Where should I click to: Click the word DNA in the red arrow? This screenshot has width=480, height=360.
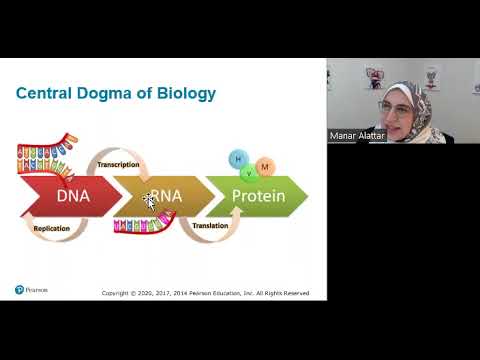click(73, 196)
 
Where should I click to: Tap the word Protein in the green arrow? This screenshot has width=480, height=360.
click(258, 196)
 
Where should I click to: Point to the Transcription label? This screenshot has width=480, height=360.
click(118, 164)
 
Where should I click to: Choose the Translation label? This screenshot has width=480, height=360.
click(211, 226)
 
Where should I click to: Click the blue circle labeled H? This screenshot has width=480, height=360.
click(238, 158)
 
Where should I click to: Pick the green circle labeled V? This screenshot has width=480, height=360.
click(249, 172)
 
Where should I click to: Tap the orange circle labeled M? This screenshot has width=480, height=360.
click(265, 165)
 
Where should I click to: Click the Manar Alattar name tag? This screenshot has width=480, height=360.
click(357, 135)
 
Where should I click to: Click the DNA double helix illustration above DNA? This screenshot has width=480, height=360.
click(47, 160)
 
